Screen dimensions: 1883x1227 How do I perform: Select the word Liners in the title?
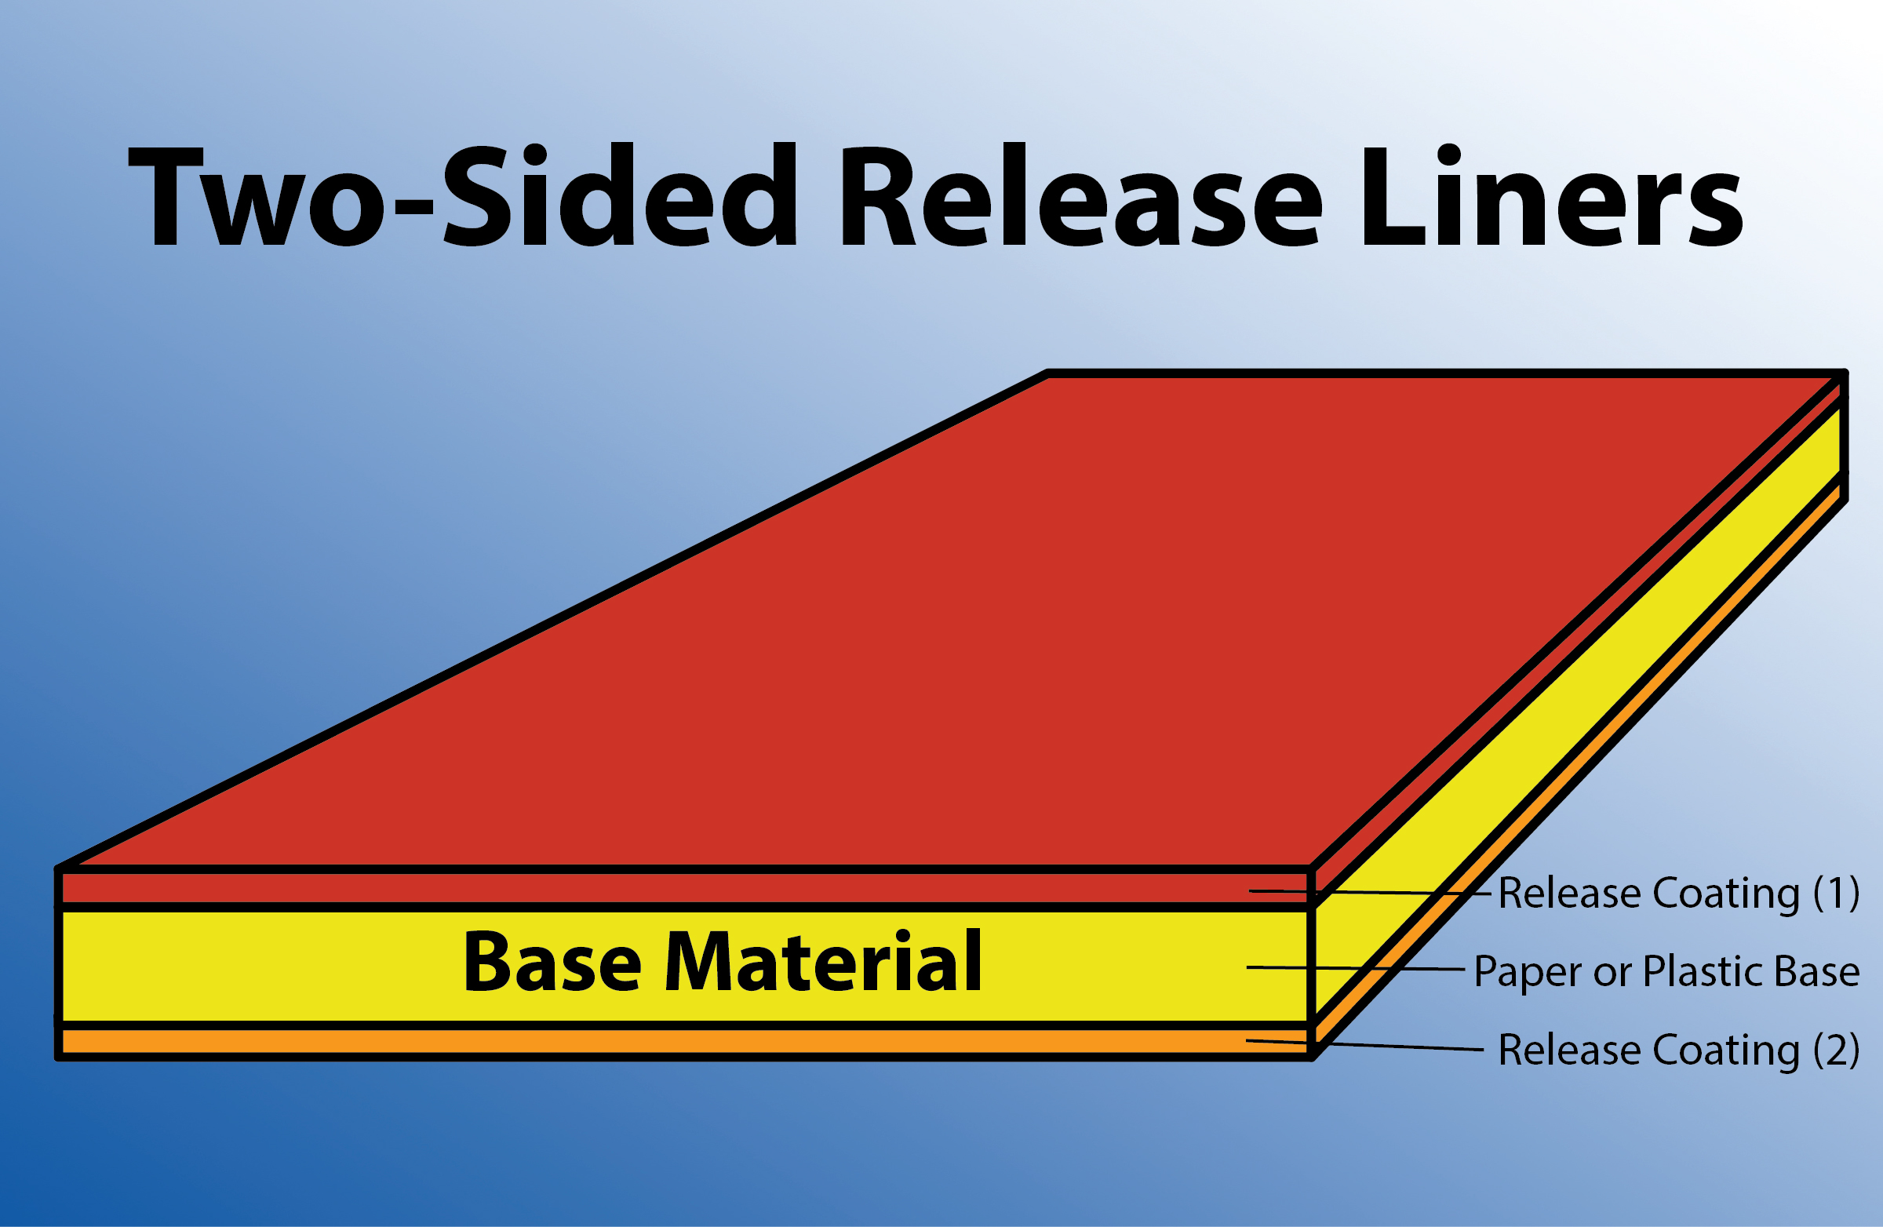point(1551,195)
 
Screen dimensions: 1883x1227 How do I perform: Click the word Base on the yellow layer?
point(552,961)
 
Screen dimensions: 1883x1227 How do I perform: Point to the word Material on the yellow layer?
point(824,959)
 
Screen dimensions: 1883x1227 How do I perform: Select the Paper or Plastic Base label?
point(1666,971)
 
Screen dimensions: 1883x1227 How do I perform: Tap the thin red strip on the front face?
point(685,887)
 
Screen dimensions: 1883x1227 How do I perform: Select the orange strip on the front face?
point(685,1041)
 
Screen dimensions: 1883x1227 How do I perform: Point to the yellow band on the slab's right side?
point(1583,712)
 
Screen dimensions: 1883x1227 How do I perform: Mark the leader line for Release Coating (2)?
point(1364,1045)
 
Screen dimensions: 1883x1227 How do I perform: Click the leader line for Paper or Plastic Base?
point(1355,968)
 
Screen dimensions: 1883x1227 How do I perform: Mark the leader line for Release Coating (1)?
point(1370,892)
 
